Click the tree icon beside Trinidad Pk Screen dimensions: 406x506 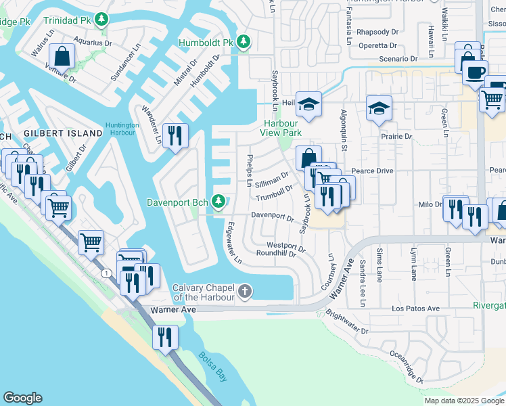click(101, 19)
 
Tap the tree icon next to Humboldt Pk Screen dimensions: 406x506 click(244, 43)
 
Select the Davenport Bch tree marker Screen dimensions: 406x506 click(218, 201)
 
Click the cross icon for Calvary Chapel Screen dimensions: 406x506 click(245, 292)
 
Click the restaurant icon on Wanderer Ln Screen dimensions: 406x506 click(175, 135)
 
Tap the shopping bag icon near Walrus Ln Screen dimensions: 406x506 click(62, 56)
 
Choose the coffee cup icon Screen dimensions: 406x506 click(475, 71)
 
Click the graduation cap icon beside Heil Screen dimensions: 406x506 click(308, 104)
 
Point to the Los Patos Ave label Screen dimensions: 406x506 click(416, 309)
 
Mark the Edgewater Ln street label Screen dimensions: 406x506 click(234, 242)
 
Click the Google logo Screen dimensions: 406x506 click(23, 398)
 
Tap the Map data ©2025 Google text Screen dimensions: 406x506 click(463, 401)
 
